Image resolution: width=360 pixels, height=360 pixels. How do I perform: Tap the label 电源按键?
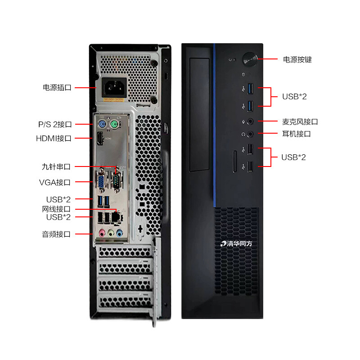pyautogui.click(x=297, y=59)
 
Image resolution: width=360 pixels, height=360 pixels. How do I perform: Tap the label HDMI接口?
pyautogui.click(x=54, y=139)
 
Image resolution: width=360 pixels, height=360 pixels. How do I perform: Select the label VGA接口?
pyautogui.click(x=54, y=182)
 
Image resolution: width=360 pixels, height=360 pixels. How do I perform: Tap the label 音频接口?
pyautogui.click(x=56, y=234)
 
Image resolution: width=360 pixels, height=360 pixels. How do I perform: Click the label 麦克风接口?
pyautogui.click(x=300, y=121)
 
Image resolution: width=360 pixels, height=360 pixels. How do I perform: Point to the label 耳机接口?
pyautogui.click(x=296, y=134)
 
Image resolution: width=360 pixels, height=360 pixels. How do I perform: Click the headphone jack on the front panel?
pyautogui.click(x=251, y=134)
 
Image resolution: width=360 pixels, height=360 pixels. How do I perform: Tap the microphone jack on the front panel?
pyautogui.click(x=251, y=121)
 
